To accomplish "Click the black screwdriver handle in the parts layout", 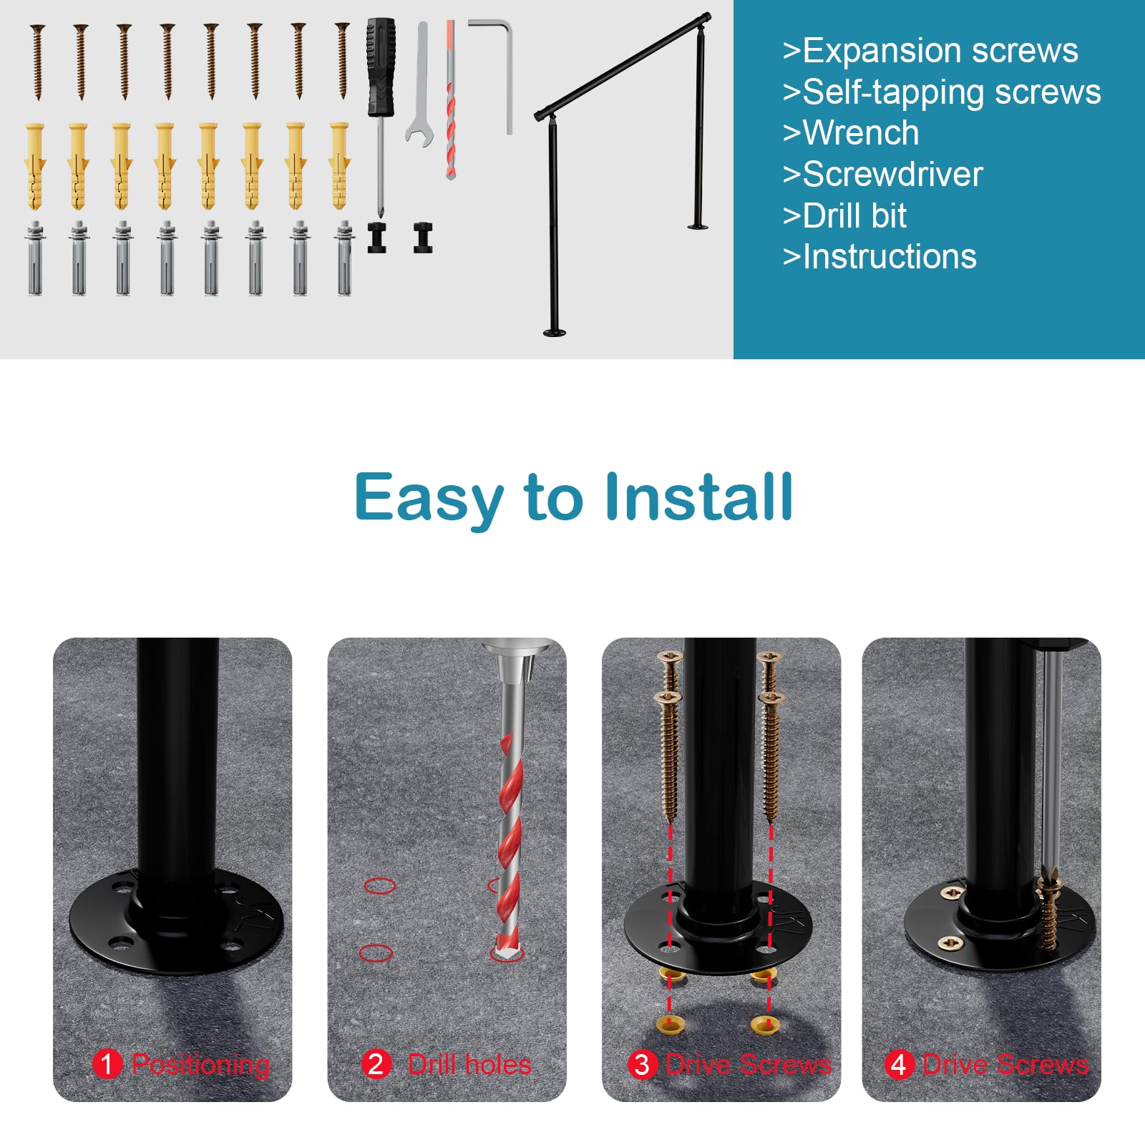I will pos(381,68).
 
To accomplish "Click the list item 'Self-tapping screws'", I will pos(951,92).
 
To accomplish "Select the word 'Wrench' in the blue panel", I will pos(860,133).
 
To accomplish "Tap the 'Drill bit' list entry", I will pos(854,215).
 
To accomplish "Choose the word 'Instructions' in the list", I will pos(889,256).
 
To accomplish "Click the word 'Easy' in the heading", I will pos(428,498).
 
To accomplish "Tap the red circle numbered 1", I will pos(107,1064).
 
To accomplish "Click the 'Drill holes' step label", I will pos(469,1065).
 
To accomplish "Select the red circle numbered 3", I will pos(642,1064).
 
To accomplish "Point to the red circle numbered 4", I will pos(898,1064).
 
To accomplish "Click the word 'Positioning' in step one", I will pos(201,1065).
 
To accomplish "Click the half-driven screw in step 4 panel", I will pos(1050,909).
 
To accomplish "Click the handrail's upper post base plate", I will pos(698,227).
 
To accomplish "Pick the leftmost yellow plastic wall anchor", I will pos(35,165).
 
